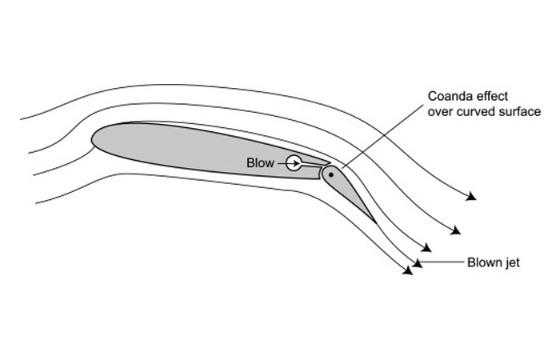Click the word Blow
point(260,163)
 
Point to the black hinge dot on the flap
point(330,174)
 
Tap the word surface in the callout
point(518,112)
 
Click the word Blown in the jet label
point(484,262)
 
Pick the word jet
point(513,262)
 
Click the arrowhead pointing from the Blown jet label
point(418,262)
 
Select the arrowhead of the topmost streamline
point(472,196)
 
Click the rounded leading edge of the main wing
point(94,139)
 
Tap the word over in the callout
point(440,112)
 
